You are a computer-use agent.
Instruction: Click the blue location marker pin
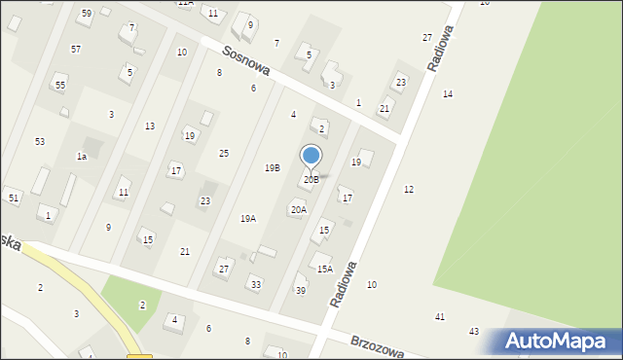pos(311,156)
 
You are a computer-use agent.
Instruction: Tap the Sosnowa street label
pos(244,63)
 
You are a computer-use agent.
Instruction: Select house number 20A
pos(298,209)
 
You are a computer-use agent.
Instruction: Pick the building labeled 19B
pos(273,167)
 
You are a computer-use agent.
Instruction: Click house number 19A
pos(248,218)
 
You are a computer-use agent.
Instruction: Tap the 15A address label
pos(324,269)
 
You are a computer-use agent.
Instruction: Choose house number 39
pos(301,291)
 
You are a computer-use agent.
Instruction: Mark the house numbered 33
pos(256,284)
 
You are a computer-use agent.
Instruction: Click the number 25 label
pos(224,154)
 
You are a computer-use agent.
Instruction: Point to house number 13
pos(150,126)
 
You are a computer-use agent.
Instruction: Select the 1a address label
pos(82,156)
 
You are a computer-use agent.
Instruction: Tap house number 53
pos(40,142)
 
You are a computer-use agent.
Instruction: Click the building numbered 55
pos(60,86)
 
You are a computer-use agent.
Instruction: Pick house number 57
pos(76,49)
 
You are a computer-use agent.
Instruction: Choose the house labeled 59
pos(87,13)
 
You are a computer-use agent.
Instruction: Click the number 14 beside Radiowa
pos(448,94)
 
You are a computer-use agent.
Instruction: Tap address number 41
pos(440,317)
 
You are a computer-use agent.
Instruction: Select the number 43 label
pos(474,332)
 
